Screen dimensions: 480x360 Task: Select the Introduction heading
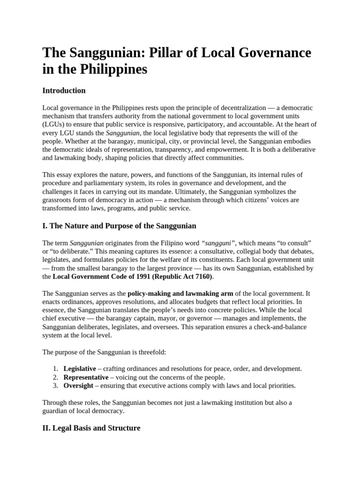coord(64,90)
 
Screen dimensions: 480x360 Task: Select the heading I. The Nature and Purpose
coord(119,226)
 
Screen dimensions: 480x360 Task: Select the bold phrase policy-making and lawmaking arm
coord(180,293)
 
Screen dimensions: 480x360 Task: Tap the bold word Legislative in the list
coord(80,369)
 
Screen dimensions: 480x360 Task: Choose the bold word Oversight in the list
coord(78,386)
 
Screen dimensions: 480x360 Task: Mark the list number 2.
coord(55,377)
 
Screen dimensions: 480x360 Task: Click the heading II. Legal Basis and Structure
coord(91,428)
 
